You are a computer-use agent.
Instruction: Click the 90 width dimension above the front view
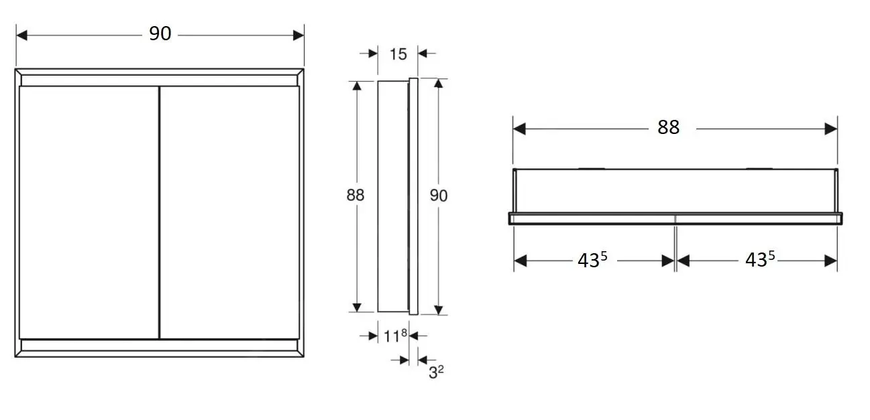(160, 33)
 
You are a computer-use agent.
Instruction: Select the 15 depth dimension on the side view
(398, 54)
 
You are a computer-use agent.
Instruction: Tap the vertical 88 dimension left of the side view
(356, 195)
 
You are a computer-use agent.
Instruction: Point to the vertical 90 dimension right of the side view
(439, 195)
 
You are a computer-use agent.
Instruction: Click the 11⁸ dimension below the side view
(396, 336)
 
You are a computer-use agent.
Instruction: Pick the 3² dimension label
(437, 372)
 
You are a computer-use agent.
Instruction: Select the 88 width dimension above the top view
(668, 127)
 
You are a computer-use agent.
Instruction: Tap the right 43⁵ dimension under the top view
(760, 261)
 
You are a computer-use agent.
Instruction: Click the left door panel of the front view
(89, 212)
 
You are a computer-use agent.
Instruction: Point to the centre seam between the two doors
(159, 212)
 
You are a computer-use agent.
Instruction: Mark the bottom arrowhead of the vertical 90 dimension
(439, 309)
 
